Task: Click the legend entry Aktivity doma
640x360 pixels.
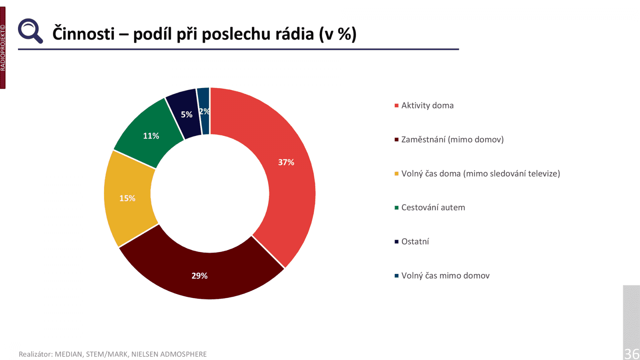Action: pos(427,106)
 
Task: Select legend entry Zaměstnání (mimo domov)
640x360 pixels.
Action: pos(452,140)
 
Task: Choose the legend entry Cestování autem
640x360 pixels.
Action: pos(433,208)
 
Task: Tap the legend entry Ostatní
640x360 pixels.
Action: pos(415,242)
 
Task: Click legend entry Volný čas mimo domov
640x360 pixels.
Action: pos(445,276)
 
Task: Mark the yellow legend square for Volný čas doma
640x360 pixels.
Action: pos(396,174)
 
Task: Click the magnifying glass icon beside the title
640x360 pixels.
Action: pos(30,31)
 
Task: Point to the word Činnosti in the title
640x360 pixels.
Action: pos(84,34)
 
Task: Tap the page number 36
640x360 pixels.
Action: pos(632,354)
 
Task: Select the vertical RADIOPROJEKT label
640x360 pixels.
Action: pos(3,48)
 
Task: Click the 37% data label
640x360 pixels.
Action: pos(286,162)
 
